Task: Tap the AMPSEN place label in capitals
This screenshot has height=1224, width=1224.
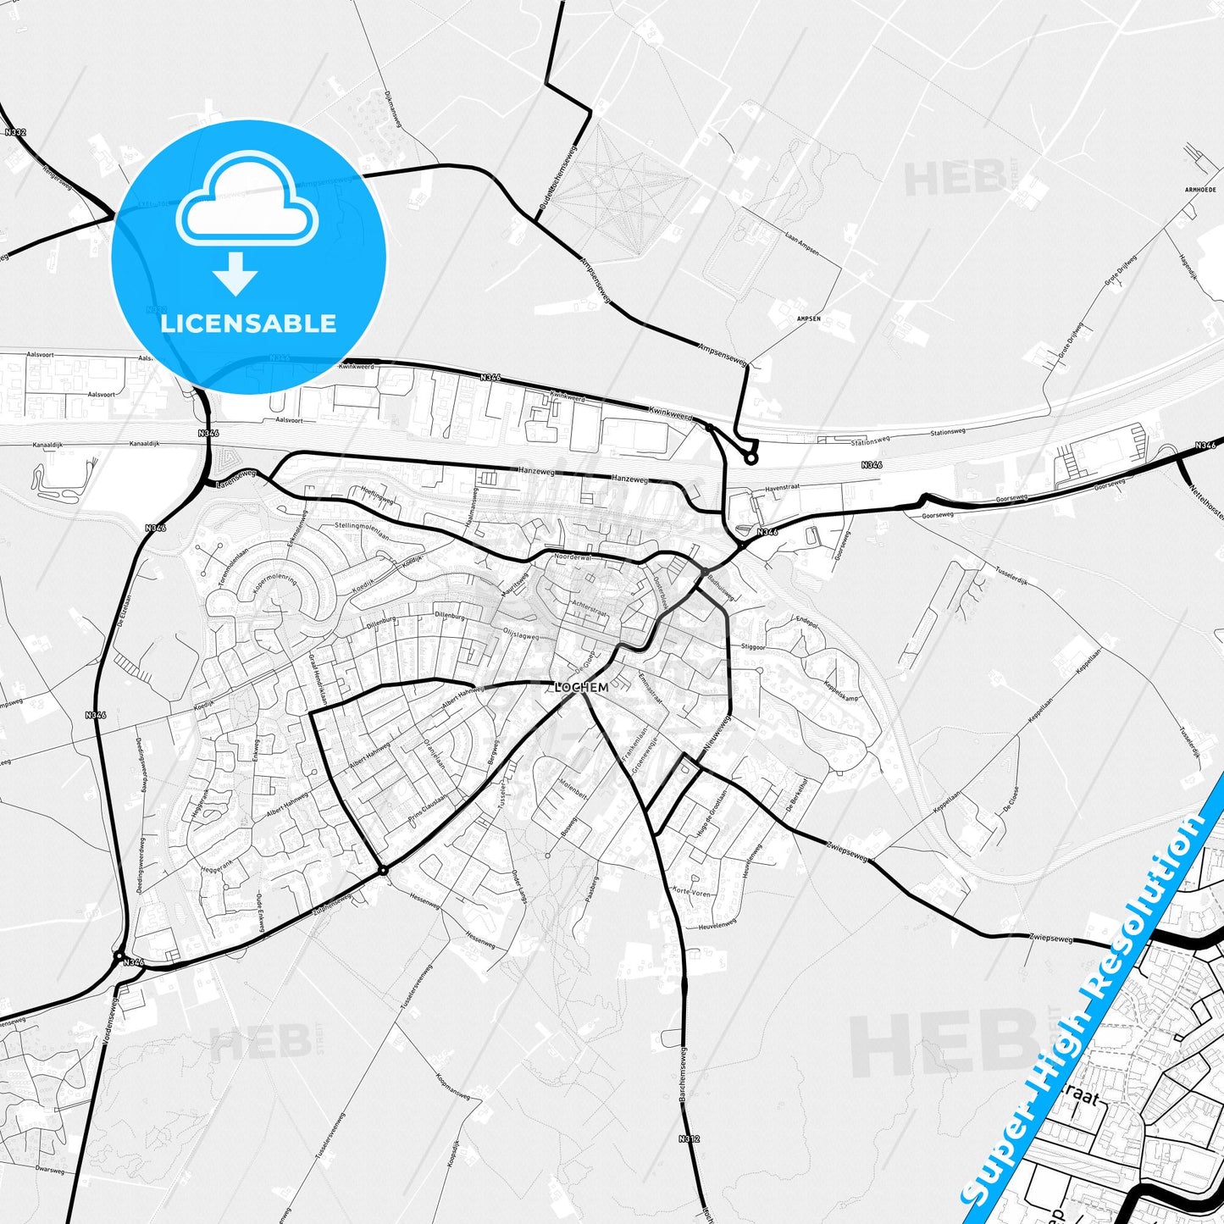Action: [x=808, y=318]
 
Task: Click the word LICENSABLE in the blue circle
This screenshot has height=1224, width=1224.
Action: [x=248, y=324]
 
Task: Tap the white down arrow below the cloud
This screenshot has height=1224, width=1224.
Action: [x=235, y=274]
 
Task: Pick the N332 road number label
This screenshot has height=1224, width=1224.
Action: [x=14, y=132]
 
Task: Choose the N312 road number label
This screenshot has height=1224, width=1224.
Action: [x=690, y=1138]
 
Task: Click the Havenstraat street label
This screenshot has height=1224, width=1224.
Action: [x=782, y=489]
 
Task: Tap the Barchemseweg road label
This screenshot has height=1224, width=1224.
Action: [x=683, y=1075]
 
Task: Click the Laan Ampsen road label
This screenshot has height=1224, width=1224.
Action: [x=801, y=241]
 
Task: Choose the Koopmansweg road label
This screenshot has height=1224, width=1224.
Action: [x=453, y=1087]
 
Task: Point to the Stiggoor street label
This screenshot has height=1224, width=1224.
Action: [x=753, y=645]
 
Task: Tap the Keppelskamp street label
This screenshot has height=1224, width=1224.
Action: [x=840, y=690]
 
